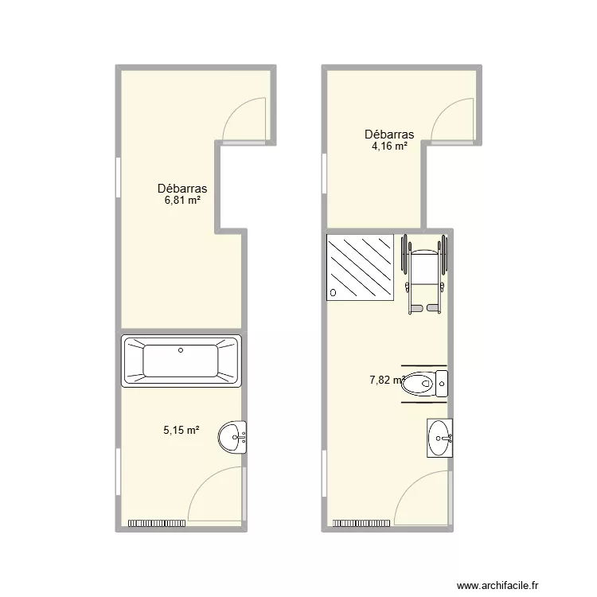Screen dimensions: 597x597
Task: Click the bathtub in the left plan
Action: pyautogui.click(x=181, y=361)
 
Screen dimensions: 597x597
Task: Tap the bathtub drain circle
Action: pyautogui.click(x=181, y=349)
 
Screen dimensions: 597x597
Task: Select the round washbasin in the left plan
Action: pyautogui.click(x=236, y=436)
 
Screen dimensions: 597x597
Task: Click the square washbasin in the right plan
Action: pyautogui.click(x=439, y=438)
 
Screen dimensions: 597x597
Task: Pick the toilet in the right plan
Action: pyautogui.click(x=424, y=386)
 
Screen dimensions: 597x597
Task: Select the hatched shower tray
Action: pyautogui.click(x=361, y=267)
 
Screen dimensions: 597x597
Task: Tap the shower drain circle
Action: pyautogui.click(x=334, y=293)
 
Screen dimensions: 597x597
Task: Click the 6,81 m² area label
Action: pyautogui.click(x=182, y=200)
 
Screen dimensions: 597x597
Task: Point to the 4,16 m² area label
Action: pyautogui.click(x=389, y=146)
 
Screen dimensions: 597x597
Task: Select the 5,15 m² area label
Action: pyautogui.click(x=181, y=430)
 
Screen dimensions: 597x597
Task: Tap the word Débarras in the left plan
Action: pyautogui.click(x=182, y=189)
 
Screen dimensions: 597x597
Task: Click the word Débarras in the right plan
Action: pyautogui.click(x=389, y=135)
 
